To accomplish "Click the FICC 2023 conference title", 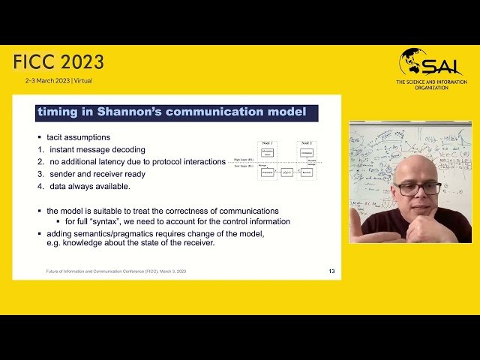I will [x=58, y=62].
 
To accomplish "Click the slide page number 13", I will [x=331, y=271].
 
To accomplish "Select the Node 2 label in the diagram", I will [x=306, y=142].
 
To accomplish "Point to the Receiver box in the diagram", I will [x=306, y=172].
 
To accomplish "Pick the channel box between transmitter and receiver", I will [x=286, y=172].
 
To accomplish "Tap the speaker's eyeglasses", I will [x=418, y=188].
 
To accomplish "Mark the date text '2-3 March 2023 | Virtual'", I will [x=58, y=80].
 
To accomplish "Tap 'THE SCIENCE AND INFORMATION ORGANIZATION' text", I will [x=433, y=85].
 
